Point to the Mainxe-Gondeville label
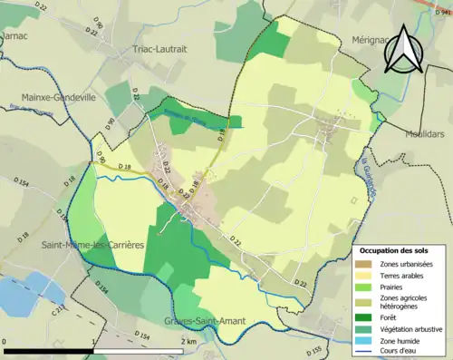pos(60,96)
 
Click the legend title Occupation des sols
pos(396,250)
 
